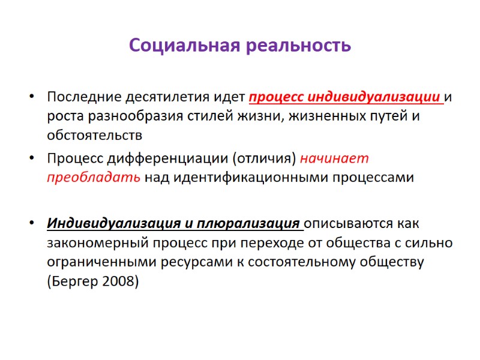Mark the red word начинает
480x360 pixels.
pyautogui.click(x=334, y=159)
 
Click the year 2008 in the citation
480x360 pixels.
pyautogui.click(x=122, y=280)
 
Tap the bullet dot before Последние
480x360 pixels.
pyautogui.click(x=31, y=98)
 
